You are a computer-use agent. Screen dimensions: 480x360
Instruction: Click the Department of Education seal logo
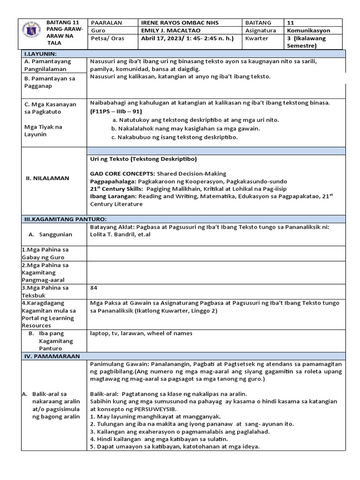[x=32, y=32]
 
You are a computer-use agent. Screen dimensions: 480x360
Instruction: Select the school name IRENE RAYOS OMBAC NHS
[x=180, y=22]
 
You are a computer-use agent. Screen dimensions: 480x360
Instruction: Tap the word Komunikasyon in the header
[x=308, y=30]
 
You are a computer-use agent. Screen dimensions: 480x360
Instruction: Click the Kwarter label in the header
[x=256, y=38]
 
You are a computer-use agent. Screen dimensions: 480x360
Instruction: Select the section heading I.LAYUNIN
[x=40, y=54]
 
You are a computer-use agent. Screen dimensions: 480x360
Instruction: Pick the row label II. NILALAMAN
[x=47, y=178]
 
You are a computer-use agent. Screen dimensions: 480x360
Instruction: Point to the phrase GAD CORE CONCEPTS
[x=122, y=173]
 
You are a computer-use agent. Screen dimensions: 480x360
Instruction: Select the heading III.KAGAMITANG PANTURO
[x=65, y=219]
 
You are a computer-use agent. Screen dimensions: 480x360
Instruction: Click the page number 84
[x=94, y=287]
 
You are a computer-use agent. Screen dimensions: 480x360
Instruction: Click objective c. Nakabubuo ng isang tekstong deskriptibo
[x=174, y=137]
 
